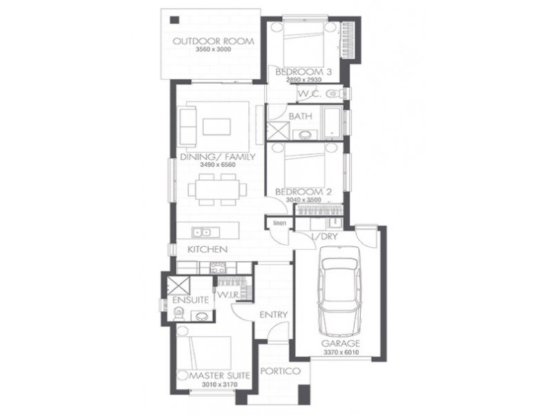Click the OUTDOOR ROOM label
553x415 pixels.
coord(214,41)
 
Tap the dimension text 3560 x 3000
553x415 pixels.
coord(214,49)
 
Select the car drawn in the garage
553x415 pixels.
coord(339,291)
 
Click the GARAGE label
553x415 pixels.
coord(340,343)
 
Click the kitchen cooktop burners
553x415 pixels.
coord(218,268)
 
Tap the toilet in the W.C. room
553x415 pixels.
coord(336,94)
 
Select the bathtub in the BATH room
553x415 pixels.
coord(332,122)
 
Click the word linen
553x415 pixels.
coord(280,223)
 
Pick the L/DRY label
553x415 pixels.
coord(324,237)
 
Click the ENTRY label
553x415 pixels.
coord(273,315)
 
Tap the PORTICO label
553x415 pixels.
coord(281,371)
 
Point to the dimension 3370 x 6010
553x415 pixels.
coord(341,352)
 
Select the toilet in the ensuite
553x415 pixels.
coord(179,313)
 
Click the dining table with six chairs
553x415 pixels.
coord(217,190)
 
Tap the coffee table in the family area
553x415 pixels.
coord(217,127)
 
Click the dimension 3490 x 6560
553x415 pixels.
coord(218,165)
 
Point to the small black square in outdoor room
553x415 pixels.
coord(174,20)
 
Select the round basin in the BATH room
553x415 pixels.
coord(305,134)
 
